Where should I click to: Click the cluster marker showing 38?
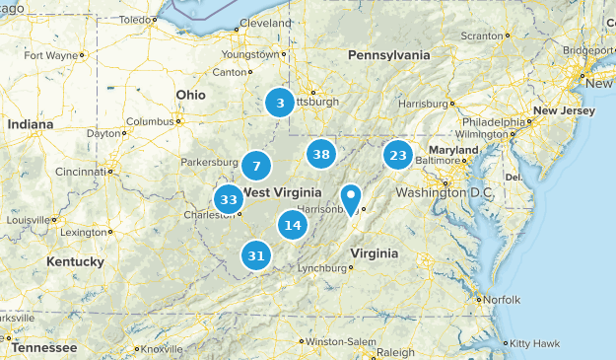point(320,154)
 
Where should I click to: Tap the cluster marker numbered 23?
point(397,155)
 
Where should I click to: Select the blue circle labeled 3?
point(281,102)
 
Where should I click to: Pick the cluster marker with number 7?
point(256,166)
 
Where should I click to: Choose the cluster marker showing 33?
point(229,199)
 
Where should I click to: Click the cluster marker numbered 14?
point(292,225)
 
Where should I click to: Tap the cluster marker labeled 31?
point(256,255)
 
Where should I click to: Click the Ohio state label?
point(190,95)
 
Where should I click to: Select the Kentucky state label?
point(75,261)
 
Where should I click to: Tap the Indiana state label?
point(31,125)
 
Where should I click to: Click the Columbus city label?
point(149,121)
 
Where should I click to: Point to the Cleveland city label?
point(265,23)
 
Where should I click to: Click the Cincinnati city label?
point(80,171)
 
